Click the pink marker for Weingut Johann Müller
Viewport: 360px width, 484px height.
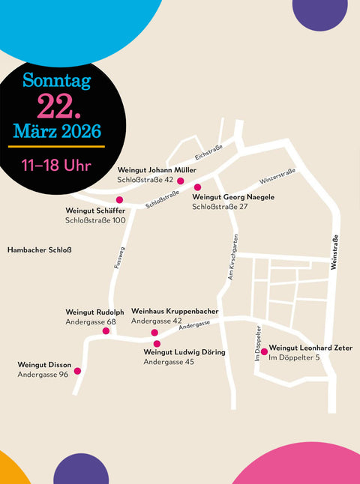(180, 181)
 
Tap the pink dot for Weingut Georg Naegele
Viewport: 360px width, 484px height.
(198, 187)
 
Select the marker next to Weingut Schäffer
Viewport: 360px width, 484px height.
(119, 199)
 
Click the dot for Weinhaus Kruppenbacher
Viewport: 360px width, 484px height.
(154, 332)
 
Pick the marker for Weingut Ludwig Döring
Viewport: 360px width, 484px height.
(157, 344)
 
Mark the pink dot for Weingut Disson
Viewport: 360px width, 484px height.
(77, 370)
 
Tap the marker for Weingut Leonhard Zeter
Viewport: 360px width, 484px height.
(263, 351)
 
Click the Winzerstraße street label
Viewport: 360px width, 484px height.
(277, 177)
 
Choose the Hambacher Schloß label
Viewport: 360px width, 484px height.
(39, 249)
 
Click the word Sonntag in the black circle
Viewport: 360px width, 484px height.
(56, 80)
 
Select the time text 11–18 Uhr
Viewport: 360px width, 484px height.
(56, 164)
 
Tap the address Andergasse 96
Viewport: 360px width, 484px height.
(43, 375)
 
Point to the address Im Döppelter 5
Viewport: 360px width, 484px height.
(294, 357)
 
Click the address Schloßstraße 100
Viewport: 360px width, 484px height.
(95, 220)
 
